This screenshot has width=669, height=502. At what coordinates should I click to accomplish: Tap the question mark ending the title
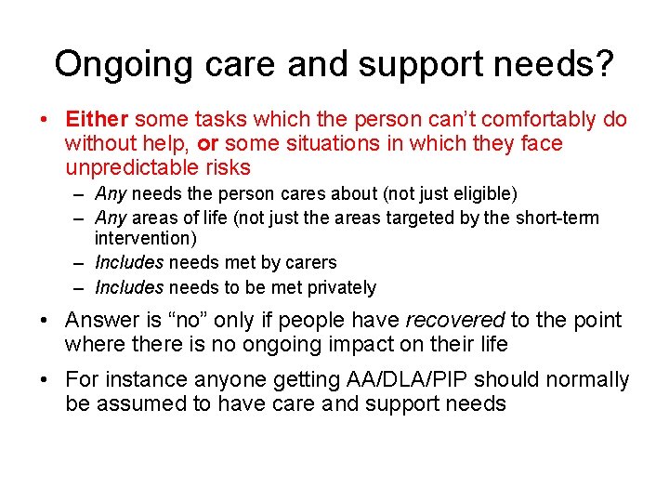point(604,63)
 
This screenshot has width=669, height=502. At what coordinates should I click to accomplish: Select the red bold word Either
point(98,120)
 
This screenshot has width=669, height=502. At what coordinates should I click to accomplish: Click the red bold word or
point(209,144)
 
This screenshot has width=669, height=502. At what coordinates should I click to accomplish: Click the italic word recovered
point(454,321)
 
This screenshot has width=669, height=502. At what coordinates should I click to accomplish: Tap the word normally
point(585,380)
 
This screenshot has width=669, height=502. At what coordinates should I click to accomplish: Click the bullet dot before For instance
point(45,380)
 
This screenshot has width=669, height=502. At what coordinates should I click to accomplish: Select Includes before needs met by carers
point(128,263)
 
